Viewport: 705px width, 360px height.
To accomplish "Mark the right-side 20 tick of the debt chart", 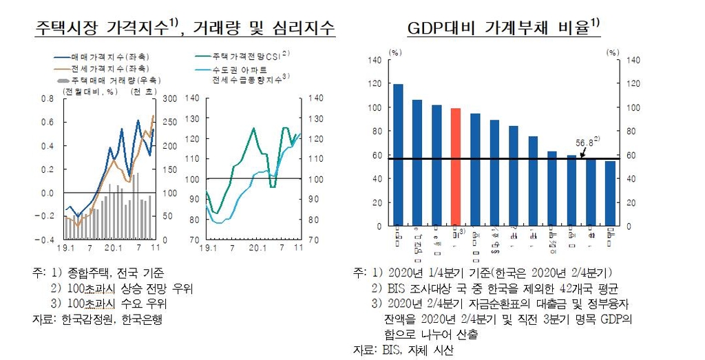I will (x=631, y=202).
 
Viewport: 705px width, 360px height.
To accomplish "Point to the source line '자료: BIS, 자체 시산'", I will (x=403, y=350).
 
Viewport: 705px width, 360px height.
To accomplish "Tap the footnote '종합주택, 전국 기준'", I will (x=116, y=272).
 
